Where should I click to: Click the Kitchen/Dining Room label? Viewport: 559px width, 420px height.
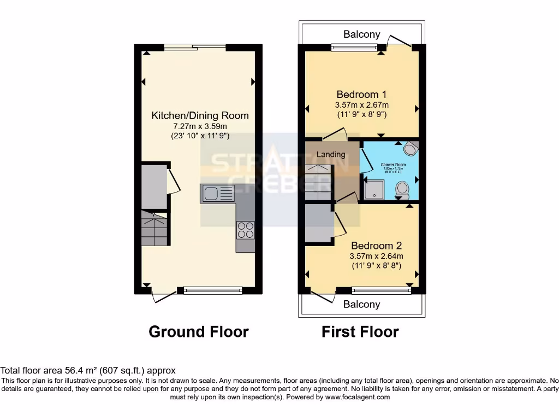coord(200,115)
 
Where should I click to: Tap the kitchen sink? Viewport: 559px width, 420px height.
coord(217,193)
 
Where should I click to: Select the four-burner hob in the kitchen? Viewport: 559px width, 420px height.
coord(246,229)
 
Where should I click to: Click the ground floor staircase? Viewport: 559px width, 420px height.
coord(154,229)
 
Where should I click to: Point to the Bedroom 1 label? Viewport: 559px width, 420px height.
coord(362,94)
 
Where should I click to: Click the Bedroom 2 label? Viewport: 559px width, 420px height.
coord(377,246)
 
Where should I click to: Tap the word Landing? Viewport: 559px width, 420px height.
coord(331,154)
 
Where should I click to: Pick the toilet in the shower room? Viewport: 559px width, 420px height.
coord(403,190)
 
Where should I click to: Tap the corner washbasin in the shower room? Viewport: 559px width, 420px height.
coord(411,148)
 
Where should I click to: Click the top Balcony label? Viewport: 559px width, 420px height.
coord(362,34)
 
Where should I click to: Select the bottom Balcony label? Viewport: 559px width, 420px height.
coord(362,305)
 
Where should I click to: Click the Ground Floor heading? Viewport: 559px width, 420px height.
coord(199,331)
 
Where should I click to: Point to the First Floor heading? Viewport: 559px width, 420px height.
coord(360,331)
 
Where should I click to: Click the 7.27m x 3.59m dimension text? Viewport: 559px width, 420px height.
coord(200,126)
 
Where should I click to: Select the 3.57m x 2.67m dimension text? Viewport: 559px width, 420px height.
coord(362,105)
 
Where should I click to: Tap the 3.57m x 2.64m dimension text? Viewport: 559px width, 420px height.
coord(377,256)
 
